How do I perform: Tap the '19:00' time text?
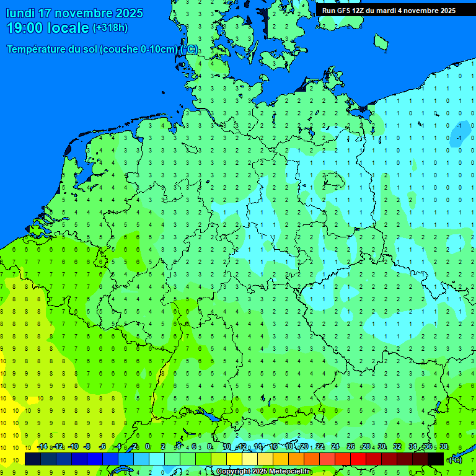pos(25,28)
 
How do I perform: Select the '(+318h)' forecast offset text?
pos(110,28)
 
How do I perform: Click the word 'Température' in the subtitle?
pos(38,49)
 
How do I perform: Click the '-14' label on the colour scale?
pos(42,447)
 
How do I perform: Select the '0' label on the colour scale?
pos(148,447)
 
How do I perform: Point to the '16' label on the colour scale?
pos(273,447)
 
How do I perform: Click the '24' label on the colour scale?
pos(335,447)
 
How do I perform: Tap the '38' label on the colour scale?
pos(444,447)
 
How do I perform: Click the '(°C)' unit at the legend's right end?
pos(456,459)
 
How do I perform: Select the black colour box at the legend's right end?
pos(436,459)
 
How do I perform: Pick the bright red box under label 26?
pos(358,459)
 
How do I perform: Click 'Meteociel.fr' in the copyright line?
pos(288,472)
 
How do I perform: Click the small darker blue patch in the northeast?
pos(460,133)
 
